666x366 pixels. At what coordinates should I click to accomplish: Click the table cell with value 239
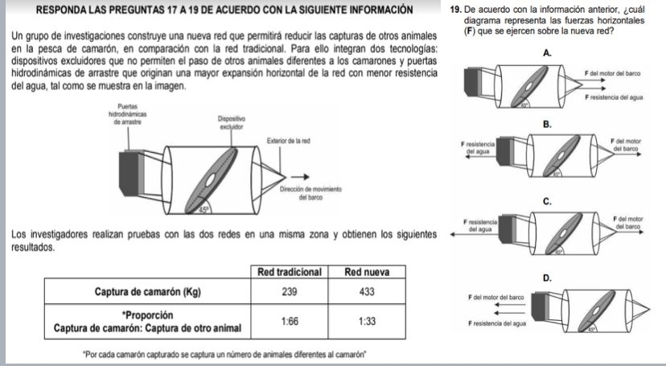[290, 291]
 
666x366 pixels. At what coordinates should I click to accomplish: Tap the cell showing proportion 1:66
[290, 319]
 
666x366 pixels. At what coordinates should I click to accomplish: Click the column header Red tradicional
[290, 272]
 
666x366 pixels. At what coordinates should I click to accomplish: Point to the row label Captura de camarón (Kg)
[147, 291]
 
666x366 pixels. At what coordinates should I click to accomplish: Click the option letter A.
[547, 51]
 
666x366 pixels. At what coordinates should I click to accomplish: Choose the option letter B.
[547, 125]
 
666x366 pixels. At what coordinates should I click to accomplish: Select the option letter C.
[547, 201]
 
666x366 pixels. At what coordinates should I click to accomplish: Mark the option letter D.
[547, 278]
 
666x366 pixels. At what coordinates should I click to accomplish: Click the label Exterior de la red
[289, 141]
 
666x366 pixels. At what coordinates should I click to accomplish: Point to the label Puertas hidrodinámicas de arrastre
[127, 116]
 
